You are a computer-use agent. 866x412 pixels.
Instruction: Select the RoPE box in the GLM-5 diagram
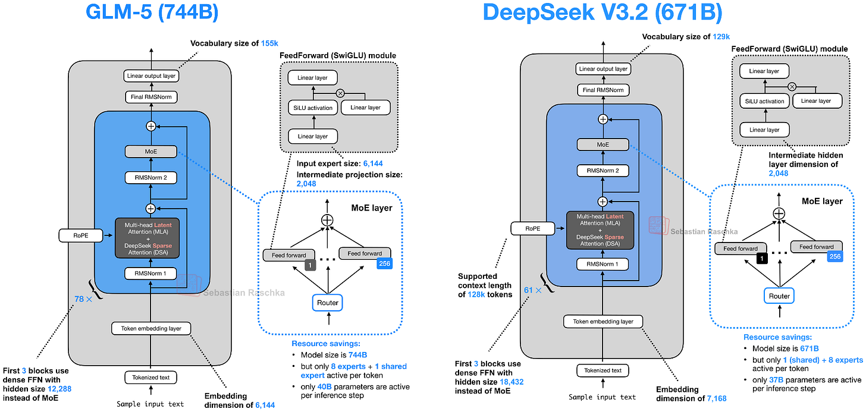[x=81, y=235]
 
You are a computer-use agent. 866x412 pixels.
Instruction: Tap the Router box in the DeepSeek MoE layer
[x=779, y=295]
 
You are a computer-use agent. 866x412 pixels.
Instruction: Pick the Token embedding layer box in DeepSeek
[x=603, y=322]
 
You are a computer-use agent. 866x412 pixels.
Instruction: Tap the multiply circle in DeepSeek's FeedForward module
[x=792, y=86]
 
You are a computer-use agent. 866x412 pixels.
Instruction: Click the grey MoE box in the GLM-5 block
[x=150, y=152]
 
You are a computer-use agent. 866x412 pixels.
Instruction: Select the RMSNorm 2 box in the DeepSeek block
[x=603, y=171]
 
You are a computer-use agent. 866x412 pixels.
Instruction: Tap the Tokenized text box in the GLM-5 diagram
[x=150, y=377]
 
